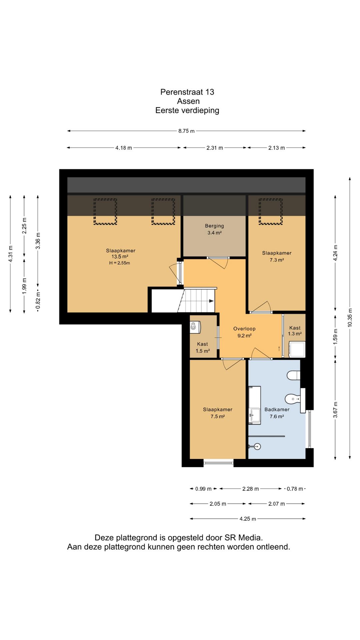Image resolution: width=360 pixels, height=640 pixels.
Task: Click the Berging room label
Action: tap(214, 226)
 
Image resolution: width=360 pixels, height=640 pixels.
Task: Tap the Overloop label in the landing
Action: tap(244, 329)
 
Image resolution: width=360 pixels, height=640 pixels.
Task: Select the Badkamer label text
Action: tap(277, 409)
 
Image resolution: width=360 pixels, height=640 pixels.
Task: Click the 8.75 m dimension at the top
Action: tap(186, 131)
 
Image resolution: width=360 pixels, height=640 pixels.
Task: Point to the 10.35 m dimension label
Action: tap(350, 317)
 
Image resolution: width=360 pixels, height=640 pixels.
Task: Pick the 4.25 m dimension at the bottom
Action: tap(248, 519)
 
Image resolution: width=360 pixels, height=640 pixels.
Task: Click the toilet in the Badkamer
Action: tap(294, 375)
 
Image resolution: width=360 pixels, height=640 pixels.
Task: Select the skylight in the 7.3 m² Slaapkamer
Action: tap(271, 212)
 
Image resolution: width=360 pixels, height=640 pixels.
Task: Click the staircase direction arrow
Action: tap(211, 301)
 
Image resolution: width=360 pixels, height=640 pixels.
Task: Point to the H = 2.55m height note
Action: tap(120, 263)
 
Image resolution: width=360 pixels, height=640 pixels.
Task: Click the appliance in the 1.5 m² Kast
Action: tap(195, 327)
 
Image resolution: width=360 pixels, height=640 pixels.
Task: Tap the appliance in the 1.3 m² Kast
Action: tap(297, 349)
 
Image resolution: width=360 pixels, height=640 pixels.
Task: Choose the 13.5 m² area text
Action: tap(120, 257)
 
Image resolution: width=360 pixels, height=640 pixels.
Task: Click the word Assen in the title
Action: tap(188, 101)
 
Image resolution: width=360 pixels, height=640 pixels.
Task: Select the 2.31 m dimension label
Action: tap(215, 148)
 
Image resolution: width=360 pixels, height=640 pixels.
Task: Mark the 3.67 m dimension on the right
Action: tap(335, 410)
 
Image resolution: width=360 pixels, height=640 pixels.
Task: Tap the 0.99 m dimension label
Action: tap(203, 489)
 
